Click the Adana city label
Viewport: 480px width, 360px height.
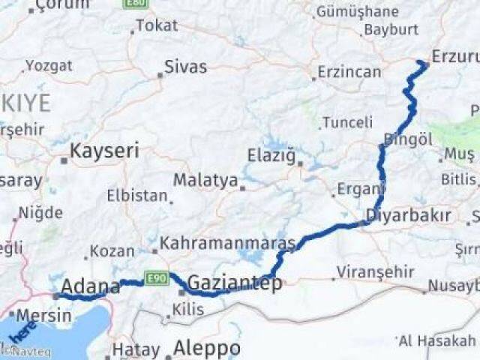point(90,286)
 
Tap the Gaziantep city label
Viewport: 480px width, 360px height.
point(235,283)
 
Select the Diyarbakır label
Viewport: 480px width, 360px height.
point(408,216)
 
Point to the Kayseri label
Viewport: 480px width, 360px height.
point(104,151)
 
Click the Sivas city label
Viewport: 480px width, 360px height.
point(186,67)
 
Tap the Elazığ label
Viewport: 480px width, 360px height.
point(271,156)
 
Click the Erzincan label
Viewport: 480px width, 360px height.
point(349,72)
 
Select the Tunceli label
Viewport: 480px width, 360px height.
point(347,122)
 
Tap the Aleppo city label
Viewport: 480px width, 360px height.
point(207,348)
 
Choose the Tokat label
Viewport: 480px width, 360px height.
point(157,25)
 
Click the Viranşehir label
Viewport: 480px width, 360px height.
point(375,272)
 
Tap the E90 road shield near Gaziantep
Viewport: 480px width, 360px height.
point(156,278)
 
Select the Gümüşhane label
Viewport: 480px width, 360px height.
point(357,12)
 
